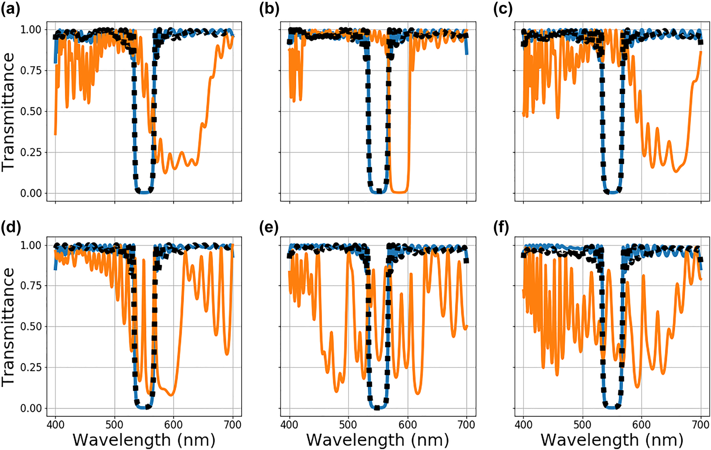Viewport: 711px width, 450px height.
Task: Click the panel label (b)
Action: coord(269,9)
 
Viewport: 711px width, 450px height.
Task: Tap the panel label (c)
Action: coord(503,9)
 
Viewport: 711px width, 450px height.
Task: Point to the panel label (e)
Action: coord(269,228)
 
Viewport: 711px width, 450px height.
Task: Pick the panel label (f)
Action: coord(501,228)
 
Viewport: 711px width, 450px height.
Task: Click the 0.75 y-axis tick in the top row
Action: coord(31,71)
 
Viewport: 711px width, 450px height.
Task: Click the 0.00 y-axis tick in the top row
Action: coord(31,193)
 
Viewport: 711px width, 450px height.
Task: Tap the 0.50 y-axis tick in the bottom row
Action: coord(31,327)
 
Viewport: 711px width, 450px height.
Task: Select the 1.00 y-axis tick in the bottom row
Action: coord(31,245)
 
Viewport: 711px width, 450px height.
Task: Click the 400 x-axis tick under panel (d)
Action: coord(55,425)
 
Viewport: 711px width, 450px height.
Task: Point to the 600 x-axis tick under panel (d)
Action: coord(173,425)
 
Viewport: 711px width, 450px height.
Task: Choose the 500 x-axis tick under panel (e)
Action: coord(349,425)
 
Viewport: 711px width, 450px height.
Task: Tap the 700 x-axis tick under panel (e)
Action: coord(466,425)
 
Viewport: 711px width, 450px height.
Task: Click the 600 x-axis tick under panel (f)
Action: coord(642,425)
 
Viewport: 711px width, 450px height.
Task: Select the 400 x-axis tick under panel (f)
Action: coord(523,425)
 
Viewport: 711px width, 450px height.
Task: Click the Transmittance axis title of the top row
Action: coord(8,112)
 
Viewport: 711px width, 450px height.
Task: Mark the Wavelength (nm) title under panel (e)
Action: coord(378,440)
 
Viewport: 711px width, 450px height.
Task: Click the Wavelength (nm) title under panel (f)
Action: coord(612,440)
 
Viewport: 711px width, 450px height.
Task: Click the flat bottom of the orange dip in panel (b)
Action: coord(399,192)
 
